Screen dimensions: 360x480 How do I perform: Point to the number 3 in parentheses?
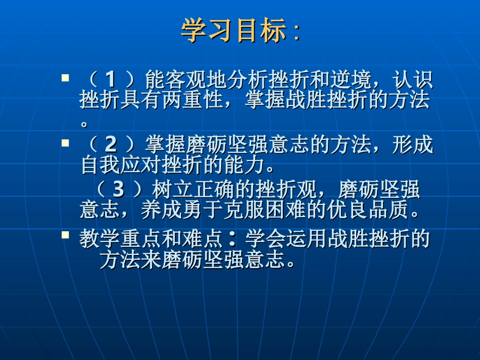pos(118,189)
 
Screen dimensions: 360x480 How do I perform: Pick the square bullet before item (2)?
pos(65,143)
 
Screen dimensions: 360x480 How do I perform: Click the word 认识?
pos(413,79)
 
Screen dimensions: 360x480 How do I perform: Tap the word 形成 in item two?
pos(413,145)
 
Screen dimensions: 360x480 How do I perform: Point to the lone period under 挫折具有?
pos(84,123)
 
